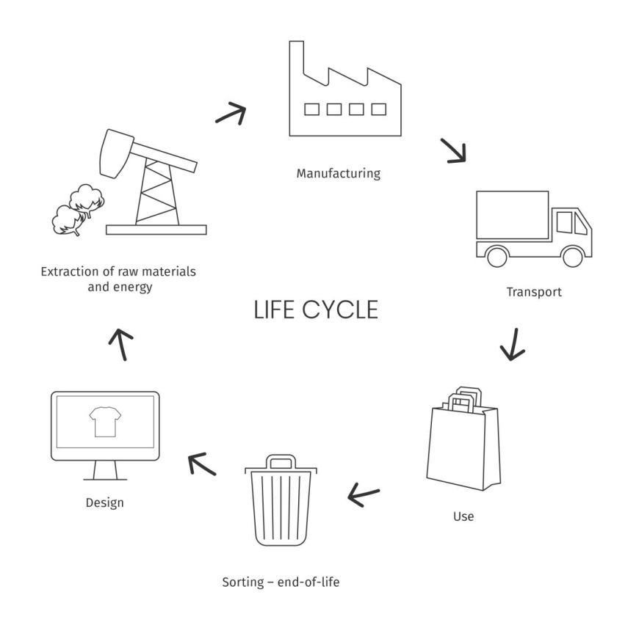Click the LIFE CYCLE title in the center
click(x=316, y=310)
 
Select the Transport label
click(x=533, y=292)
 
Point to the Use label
click(x=463, y=516)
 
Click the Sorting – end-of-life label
click(x=281, y=584)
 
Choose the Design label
click(x=104, y=503)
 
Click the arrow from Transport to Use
click(x=513, y=343)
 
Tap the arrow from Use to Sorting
click(x=364, y=496)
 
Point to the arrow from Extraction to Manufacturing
click(x=230, y=112)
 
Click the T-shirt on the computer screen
click(x=104, y=422)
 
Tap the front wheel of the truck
click(x=571, y=256)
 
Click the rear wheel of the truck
click(x=497, y=256)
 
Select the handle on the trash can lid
click(x=281, y=461)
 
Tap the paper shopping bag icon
click(x=463, y=440)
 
